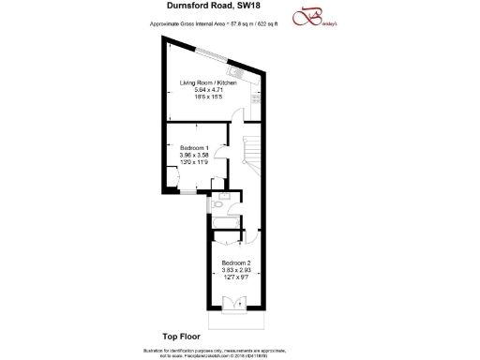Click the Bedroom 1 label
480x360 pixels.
click(194, 147)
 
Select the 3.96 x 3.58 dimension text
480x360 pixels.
click(194, 155)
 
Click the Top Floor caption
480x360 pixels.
click(170, 335)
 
